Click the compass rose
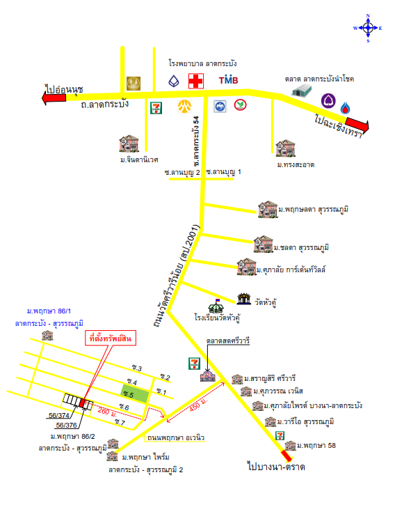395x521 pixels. tap(368, 28)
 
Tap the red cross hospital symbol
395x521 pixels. tap(196, 81)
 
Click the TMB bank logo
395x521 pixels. tap(228, 79)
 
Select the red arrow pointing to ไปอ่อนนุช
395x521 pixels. tap(54, 98)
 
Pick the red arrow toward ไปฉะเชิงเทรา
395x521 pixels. tap(357, 124)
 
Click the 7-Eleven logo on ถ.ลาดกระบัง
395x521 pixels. tap(156, 108)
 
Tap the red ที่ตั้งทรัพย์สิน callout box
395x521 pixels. tap(111, 339)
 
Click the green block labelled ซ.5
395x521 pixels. tap(135, 394)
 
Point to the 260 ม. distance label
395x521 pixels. tap(107, 412)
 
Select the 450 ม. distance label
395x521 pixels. tap(198, 405)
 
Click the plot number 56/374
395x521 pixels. tap(59, 415)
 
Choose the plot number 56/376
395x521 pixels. tap(66, 426)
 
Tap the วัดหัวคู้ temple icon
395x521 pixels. tap(244, 298)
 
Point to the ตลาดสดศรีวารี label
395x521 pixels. tap(228, 341)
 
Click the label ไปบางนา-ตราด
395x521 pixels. tap(276, 467)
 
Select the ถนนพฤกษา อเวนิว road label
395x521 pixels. tap(176, 437)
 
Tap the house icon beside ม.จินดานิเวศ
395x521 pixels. tap(129, 143)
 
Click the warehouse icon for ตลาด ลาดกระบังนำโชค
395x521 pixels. tap(302, 91)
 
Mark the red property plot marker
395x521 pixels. tap(82, 403)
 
